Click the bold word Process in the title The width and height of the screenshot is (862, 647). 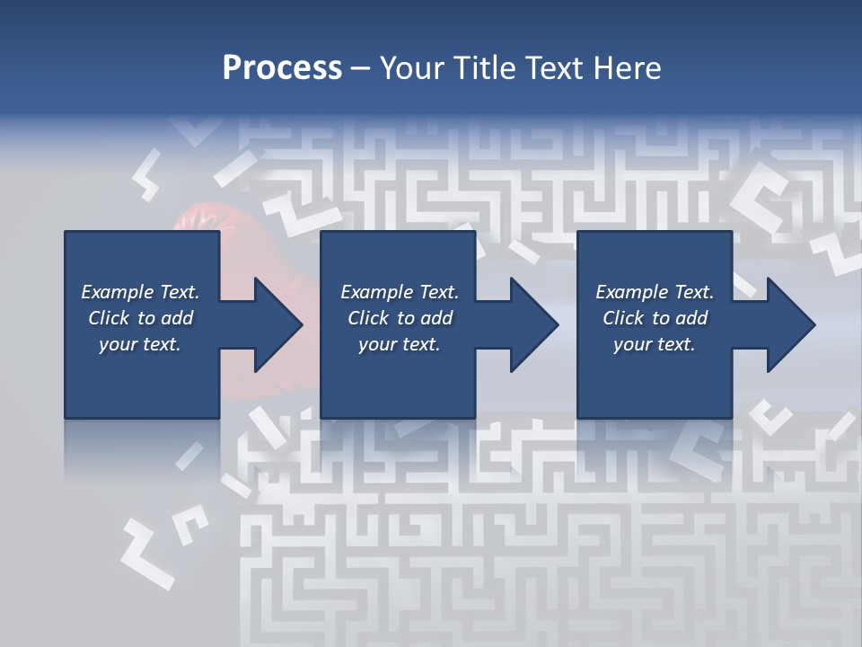tap(282, 68)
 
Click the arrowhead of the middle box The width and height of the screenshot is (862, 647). tap(533, 324)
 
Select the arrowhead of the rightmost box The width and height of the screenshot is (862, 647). tap(790, 324)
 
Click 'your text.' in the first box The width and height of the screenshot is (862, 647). tap(140, 344)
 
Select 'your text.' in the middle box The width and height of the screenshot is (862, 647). tap(399, 344)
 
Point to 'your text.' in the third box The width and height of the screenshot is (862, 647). tap(654, 344)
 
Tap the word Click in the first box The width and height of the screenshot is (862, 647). tap(110, 318)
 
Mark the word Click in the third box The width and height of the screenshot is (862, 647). tap(624, 318)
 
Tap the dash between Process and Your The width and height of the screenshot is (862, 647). tap(360, 69)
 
